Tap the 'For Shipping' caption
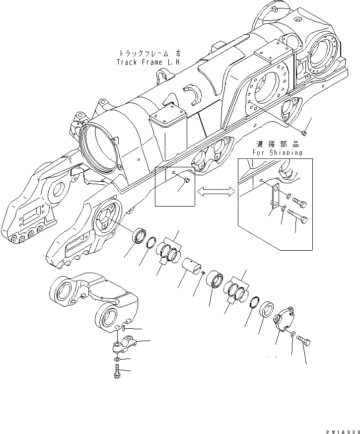278,152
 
